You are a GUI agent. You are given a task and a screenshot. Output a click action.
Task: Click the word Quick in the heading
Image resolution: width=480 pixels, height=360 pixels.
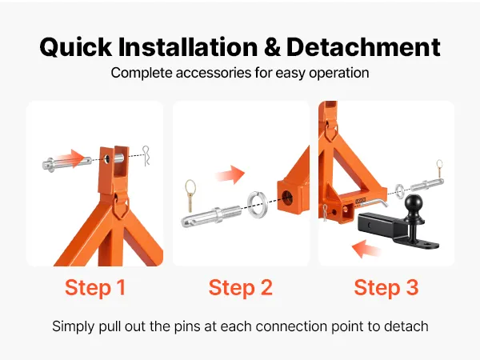pos(76,47)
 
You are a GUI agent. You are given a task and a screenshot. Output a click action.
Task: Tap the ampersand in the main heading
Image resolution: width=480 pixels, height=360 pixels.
pos(272,47)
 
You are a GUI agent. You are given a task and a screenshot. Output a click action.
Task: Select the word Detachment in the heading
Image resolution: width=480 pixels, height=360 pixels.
pos(363,47)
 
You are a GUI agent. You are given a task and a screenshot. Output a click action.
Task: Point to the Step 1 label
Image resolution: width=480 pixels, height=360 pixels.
pos(95,287)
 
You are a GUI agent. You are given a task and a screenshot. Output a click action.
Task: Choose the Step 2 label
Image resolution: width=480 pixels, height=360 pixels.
pos(240,287)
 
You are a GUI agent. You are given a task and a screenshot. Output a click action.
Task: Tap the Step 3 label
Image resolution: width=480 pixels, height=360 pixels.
pos(386,287)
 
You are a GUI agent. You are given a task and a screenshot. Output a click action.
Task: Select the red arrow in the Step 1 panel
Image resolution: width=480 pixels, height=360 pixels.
pos(70,158)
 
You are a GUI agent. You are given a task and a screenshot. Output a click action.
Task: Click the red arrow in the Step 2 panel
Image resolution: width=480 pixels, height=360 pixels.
pos(230,174)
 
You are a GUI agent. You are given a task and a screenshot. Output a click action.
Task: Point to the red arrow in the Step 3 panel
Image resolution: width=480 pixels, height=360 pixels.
pos(366,249)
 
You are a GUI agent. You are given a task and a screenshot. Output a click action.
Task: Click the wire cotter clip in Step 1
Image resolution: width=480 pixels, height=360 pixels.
pos(146,156)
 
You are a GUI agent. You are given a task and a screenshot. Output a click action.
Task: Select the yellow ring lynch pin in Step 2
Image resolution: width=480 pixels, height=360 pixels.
pos(190,196)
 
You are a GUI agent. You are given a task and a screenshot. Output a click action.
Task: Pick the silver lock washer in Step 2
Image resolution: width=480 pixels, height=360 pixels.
pos(257,205)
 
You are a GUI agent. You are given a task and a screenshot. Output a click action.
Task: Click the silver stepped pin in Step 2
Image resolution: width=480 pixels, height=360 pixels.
pos(211,216)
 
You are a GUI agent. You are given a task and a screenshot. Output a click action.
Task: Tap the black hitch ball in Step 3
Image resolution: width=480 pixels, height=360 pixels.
pos(414,203)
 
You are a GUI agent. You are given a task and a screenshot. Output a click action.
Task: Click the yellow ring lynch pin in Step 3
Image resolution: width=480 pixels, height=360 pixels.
pos(439,168)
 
